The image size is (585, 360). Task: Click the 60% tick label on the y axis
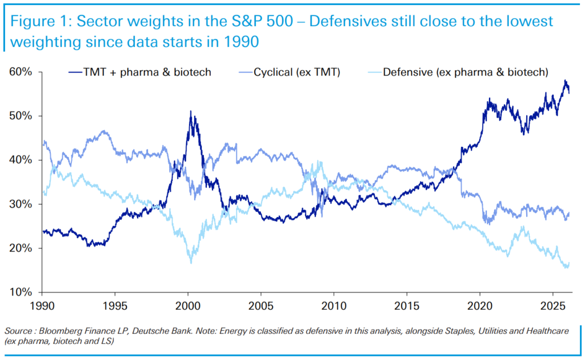pyautogui.click(x=21, y=72)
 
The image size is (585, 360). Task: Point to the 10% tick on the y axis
pyautogui.click(x=21, y=292)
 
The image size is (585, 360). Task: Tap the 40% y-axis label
pyautogui.click(x=21, y=160)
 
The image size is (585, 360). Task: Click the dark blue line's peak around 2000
pyautogui.click(x=190, y=111)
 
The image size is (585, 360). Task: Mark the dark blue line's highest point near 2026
pyautogui.click(x=564, y=81)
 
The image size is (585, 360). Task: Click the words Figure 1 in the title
pyautogui.click(x=39, y=22)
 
